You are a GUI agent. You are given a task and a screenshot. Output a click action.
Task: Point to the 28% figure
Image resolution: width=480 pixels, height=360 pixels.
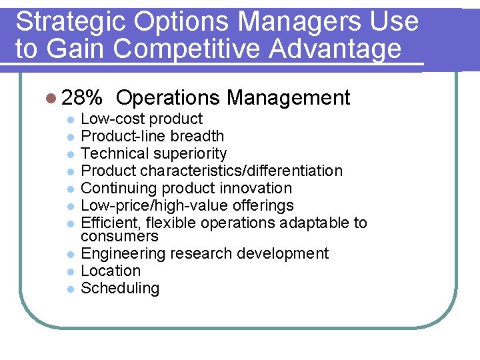(x=81, y=99)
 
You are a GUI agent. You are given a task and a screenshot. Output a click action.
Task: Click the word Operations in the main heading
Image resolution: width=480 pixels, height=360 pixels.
(x=167, y=99)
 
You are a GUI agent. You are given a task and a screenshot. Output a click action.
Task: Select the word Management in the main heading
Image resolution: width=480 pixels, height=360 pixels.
(x=288, y=99)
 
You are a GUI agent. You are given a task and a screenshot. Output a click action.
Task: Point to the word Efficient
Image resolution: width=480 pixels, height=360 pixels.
(x=106, y=223)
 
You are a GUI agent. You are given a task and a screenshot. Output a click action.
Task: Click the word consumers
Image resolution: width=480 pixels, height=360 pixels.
(x=119, y=237)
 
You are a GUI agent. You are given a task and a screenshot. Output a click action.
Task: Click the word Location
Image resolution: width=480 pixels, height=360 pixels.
(x=111, y=271)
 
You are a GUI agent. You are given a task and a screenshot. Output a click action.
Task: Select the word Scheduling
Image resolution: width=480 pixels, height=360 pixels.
(x=120, y=289)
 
